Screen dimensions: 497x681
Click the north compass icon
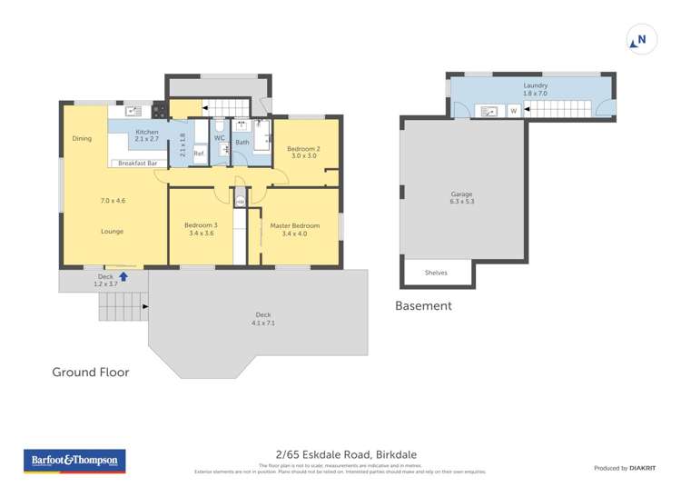pyautogui.click(x=639, y=40)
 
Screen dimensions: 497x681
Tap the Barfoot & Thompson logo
pyautogui.click(x=74, y=462)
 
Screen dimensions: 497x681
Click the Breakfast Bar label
pyautogui.click(x=140, y=164)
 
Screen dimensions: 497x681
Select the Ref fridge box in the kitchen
pyautogui.click(x=199, y=154)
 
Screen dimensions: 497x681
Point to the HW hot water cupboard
pyautogui.click(x=240, y=202)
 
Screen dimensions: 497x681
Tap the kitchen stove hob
pyautogui.click(x=159, y=112)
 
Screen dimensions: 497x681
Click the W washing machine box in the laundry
pyautogui.click(x=513, y=111)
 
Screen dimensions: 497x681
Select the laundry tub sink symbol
pyautogui.click(x=491, y=111)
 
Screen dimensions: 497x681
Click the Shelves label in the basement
pyautogui.click(x=437, y=272)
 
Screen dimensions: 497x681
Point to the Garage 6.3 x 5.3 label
pyautogui.click(x=462, y=198)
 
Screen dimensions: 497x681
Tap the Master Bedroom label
pyautogui.click(x=294, y=225)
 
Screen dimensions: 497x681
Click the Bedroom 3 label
pyautogui.click(x=201, y=225)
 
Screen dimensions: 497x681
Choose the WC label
pyautogui.click(x=220, y=138)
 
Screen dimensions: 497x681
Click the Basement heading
pyautogui.click(x=423, y=306)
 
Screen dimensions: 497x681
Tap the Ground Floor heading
pyautogui.click(x=90, y=372)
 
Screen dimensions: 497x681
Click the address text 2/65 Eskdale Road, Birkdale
pyautogui.click(x=340, y=455)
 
